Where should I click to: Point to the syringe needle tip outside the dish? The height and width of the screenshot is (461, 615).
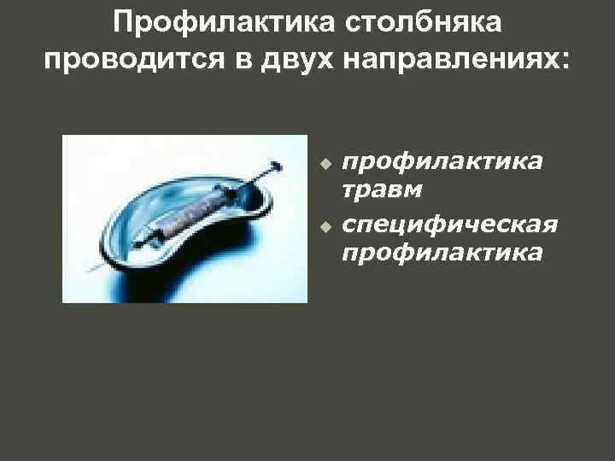(x=89, y=272)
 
